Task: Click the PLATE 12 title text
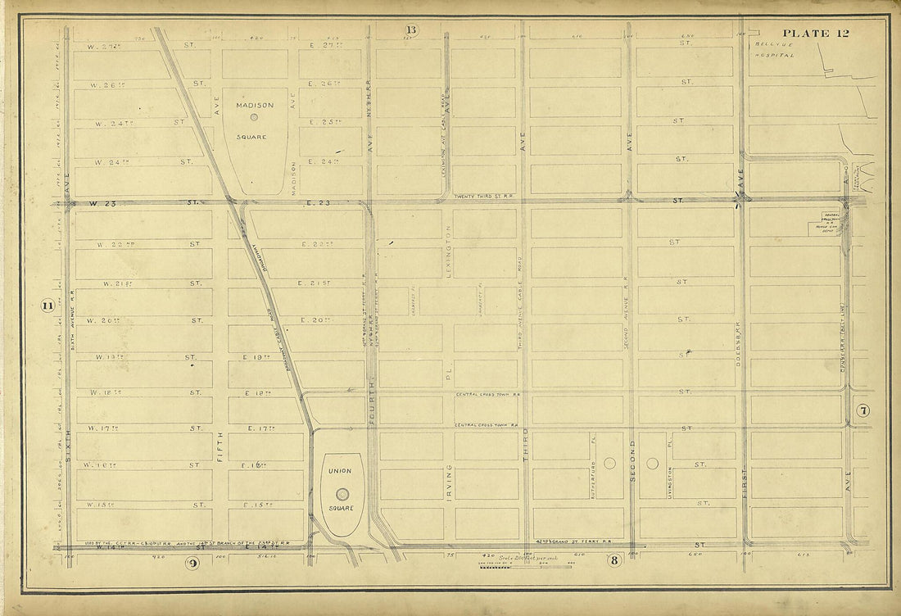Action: [815, 34]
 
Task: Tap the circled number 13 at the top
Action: [410, 30]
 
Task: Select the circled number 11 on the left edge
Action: [48, 306]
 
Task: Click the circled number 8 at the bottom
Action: [613, 561]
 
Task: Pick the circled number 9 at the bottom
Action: [192, 562]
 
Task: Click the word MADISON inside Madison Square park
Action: [254, 105]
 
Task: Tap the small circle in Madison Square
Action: [254, 118]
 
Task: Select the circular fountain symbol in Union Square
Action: [342, 493]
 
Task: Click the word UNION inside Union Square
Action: [341, 471]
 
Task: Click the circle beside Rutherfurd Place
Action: [609, 463]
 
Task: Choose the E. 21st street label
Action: [315, 283]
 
